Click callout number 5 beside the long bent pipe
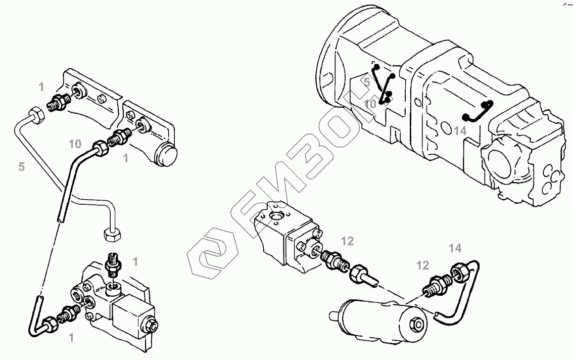pos(21,166)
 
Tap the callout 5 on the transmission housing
pos(367,80)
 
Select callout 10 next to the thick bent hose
pos(75,144)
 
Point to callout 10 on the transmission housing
pos(370,104)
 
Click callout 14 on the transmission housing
pos(459,130)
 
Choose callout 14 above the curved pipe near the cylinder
pos(455,248)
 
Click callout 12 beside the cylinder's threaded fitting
pos(422,265)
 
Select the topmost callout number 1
pos(41,87)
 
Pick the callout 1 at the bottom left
pos(71,338)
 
